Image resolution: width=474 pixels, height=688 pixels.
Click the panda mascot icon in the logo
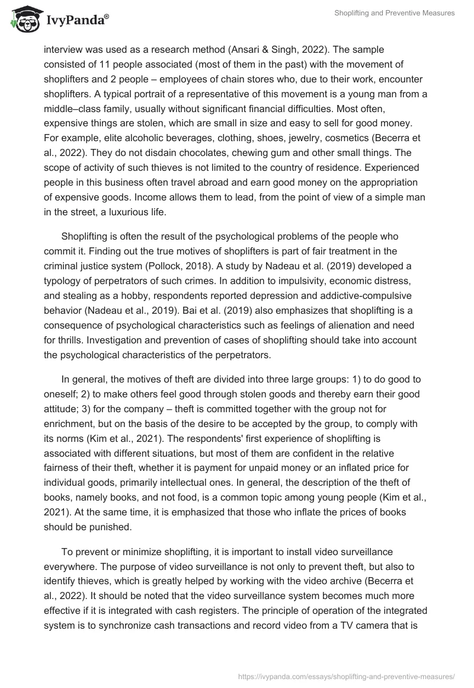pos(23,20)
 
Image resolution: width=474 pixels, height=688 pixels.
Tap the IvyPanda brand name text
pos(76,21)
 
